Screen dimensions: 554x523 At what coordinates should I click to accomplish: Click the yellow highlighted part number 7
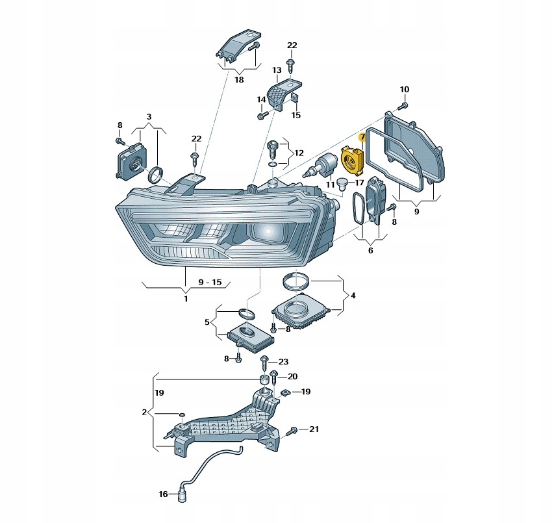pos(362,136)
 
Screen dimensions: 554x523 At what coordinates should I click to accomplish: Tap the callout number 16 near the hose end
pos(163,494)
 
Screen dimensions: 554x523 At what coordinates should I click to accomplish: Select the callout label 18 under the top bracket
pos(239,79)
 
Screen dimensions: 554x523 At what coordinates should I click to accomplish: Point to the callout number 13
pos(277,70)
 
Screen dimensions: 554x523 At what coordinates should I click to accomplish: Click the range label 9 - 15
pos(210,282)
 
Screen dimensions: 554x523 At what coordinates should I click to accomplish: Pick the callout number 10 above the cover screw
pos(405,90)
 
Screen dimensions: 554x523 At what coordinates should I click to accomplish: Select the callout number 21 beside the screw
pos(314,429)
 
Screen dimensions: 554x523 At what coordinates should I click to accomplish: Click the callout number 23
pos(283,362)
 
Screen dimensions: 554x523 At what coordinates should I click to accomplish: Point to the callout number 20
pos(292,377)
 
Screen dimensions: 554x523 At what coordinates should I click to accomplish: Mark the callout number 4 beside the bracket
pos(353,295)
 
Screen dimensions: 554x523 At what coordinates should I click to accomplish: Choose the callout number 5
pos(207,322)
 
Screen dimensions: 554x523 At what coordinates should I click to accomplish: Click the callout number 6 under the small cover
pos(371,251)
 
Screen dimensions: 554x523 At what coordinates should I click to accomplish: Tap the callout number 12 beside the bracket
pos(299,153)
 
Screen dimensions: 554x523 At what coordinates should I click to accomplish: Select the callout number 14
pos(261,99)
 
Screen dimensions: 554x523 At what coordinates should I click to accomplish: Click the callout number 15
pos(296,115)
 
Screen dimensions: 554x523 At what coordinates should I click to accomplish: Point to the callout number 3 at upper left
pos(149,116)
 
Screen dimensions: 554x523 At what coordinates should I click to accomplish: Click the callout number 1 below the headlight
pos(186,299)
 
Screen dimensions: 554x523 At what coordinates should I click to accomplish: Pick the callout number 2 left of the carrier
pos(144,412)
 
